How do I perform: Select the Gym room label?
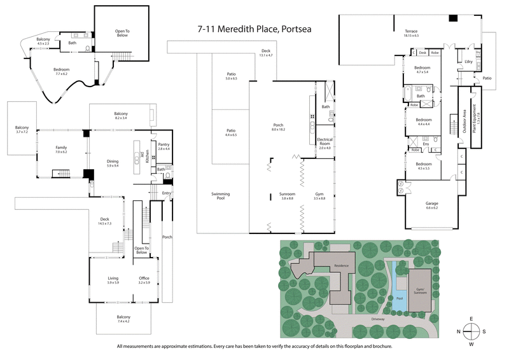point(319,196)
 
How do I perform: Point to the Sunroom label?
point(287,196)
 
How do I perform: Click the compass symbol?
point(471,331)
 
